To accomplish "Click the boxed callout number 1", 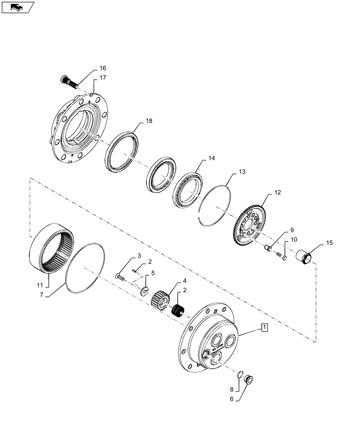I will (264, 328).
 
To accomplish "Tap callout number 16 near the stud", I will (102, 68).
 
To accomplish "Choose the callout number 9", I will (292, 230).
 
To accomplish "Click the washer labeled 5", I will (146, 291).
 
